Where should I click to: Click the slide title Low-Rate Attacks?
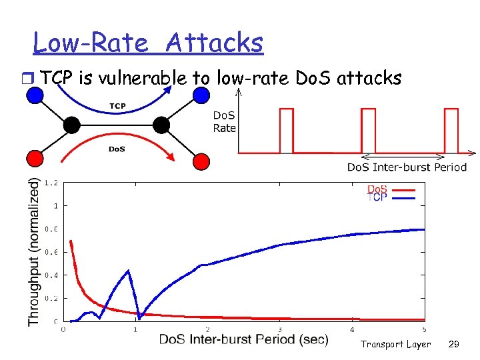point(148,43)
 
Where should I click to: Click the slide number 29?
point(453,344)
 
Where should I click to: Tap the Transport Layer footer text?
point(395,344)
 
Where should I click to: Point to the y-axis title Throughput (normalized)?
point(33,251)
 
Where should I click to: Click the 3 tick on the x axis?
point(280,329)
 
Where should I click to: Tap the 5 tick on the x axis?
point(425,329)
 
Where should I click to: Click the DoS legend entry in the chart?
point(377,190)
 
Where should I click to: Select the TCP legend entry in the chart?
point(377,199)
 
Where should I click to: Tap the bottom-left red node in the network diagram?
point(33,159)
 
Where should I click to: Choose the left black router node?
point(72,125)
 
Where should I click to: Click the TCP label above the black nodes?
point(117,106)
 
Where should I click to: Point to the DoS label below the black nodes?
point(117,149)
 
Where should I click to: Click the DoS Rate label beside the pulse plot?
point(224,121)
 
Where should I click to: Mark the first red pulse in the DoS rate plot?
point(286,131)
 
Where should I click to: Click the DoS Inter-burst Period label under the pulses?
point(407,167)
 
